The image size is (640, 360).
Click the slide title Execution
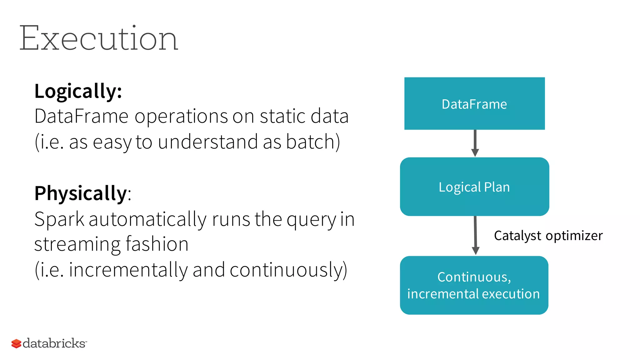click(98, 38)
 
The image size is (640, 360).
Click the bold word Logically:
click(78, 91)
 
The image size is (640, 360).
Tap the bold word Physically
click(80, 193)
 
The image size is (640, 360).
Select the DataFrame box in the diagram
click(474, 104)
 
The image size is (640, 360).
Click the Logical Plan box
click(474, 187)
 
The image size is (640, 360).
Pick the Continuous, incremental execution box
click(474, 285)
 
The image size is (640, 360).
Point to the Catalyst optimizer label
click(548, 236)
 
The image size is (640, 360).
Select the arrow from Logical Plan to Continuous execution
click(475, 235)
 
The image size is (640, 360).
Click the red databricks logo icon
click(16, 343)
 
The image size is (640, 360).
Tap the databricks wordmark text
click(54, 343)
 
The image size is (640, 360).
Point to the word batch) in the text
click(313, 142)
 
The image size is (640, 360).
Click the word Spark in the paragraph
click(59, 219)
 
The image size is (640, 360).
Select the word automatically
click(147, 219)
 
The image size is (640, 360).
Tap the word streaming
click(77, 244)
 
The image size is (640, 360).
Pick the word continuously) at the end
click(288, 270)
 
